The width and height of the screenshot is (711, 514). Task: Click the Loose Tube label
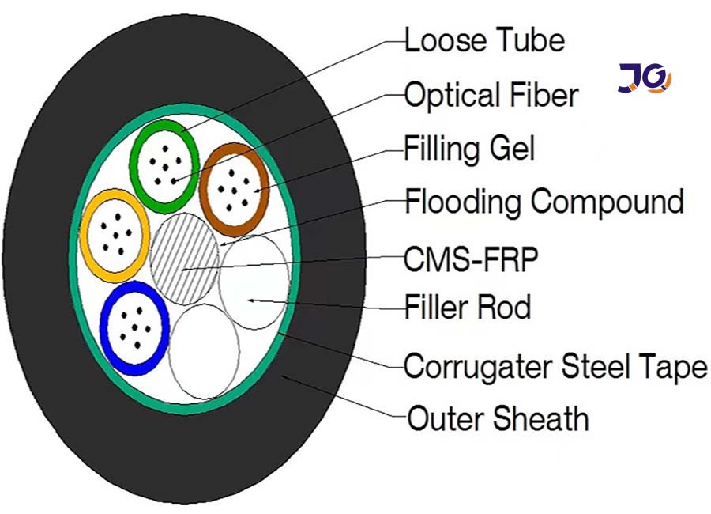point(484,40)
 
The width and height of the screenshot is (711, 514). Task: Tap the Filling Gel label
point(469,149)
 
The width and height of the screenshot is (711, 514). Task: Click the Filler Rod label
point(468,307)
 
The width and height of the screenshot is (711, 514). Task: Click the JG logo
point(644,79)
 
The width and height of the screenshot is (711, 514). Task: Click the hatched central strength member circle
point(184,259)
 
